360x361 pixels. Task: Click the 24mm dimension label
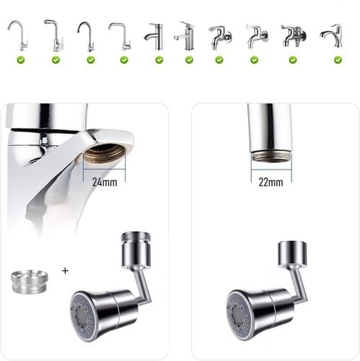105,182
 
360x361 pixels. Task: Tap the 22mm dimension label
271,182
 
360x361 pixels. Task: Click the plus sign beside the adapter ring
65,271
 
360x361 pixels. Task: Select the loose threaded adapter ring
30,282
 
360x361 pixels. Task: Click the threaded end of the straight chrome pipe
271,157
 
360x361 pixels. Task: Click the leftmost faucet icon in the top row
17,36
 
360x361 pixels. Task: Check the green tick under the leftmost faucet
21,60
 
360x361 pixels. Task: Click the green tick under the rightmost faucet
338,60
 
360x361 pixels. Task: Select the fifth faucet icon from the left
154,36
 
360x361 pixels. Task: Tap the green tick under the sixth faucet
189,60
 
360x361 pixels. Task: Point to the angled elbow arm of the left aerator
142,284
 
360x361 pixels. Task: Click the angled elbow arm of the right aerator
299,284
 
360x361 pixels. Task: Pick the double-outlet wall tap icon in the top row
294,36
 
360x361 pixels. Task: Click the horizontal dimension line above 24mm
104,170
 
